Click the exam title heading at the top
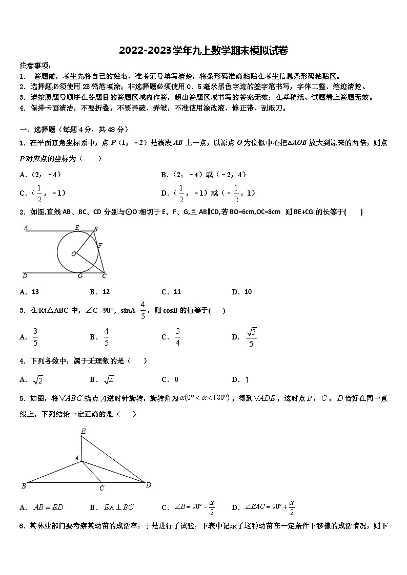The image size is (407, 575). [x=203, y=50]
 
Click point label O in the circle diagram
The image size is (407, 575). [x=73, y=253]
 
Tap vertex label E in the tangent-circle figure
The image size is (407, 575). [x=77, y=228]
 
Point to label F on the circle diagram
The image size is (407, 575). [x=100, y=246]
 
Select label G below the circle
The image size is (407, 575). [x=79, y=276]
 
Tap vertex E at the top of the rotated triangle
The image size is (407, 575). [x=83, y=432]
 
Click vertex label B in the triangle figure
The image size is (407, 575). [x=24, y=485]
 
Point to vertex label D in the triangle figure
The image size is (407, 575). [x=148, y=485]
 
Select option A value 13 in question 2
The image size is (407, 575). [x=35, y=292]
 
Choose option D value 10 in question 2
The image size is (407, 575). [x=248, y=292]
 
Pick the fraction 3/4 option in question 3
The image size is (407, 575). [x=177, y=336]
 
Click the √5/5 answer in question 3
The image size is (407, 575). [x=251, y=336]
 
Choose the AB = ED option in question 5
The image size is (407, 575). [x=48, y=507]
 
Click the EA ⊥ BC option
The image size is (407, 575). [x=118, y=507]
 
